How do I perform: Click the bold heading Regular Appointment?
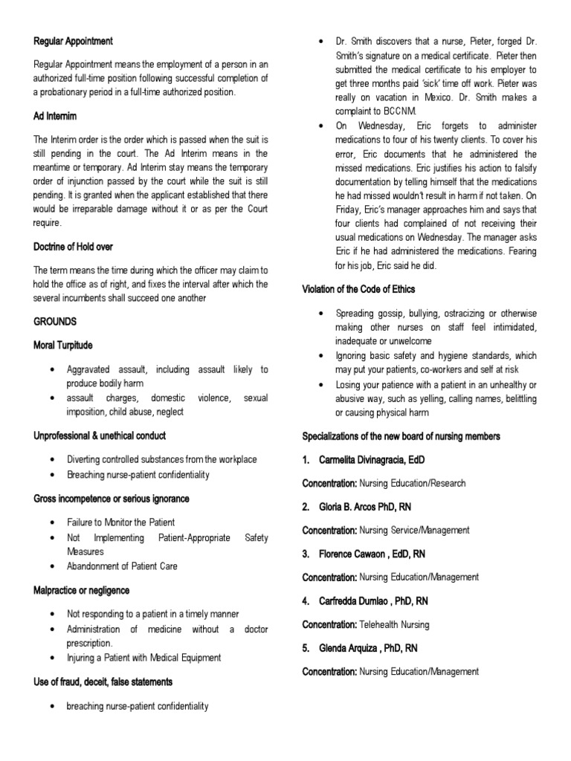point(74,41)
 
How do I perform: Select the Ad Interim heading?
point(55,117)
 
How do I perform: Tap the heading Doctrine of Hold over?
point(73,246)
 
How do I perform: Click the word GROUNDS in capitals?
point(55,322)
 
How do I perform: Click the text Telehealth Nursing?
point(394,625)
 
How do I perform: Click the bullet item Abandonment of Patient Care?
point(122,566)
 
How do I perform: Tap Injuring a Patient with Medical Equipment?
point(143,658)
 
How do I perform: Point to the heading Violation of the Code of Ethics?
point(358,289)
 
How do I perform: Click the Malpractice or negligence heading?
point(81,590)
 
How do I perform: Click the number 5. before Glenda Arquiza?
point(306,648)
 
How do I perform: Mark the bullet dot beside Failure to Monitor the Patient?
point(51,522)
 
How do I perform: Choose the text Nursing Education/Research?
point(412,483)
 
